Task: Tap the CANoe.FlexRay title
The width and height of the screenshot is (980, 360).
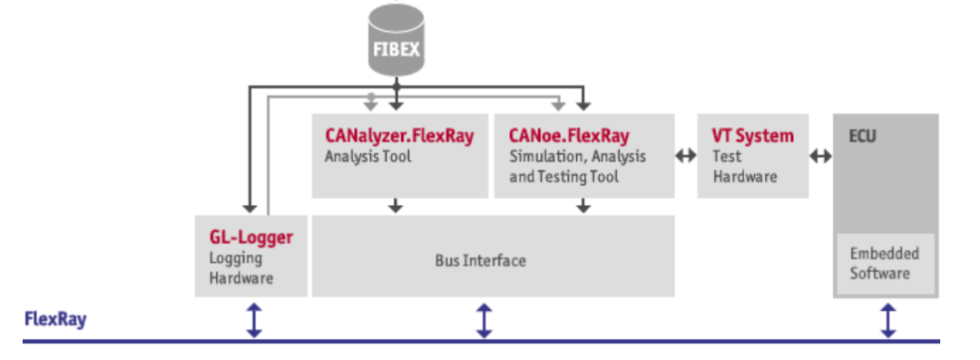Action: coord(569,136)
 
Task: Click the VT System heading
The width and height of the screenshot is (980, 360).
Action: coord(752,136)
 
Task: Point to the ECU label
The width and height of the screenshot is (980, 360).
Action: coord(862,137)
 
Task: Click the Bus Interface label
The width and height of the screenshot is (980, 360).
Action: coord(480,260)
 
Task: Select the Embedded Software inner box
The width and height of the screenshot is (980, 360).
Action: coord(885,263)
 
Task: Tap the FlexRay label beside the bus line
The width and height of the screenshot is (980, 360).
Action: coord(54,319)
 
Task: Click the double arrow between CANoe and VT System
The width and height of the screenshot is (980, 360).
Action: coord(686,156)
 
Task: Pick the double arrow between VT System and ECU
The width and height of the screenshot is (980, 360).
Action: coord(820,156)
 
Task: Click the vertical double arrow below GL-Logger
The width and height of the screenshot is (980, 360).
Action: coord(255,320)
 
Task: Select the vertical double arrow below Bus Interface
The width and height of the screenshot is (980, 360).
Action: coord(485,320)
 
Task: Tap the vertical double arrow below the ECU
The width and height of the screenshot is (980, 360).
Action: coord(887,320)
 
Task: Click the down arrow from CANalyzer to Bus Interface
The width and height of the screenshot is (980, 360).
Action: coord(396,206)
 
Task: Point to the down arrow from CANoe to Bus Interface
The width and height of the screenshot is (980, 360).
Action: coord(583,206)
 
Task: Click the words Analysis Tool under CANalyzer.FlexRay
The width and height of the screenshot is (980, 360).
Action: coord(367,156)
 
